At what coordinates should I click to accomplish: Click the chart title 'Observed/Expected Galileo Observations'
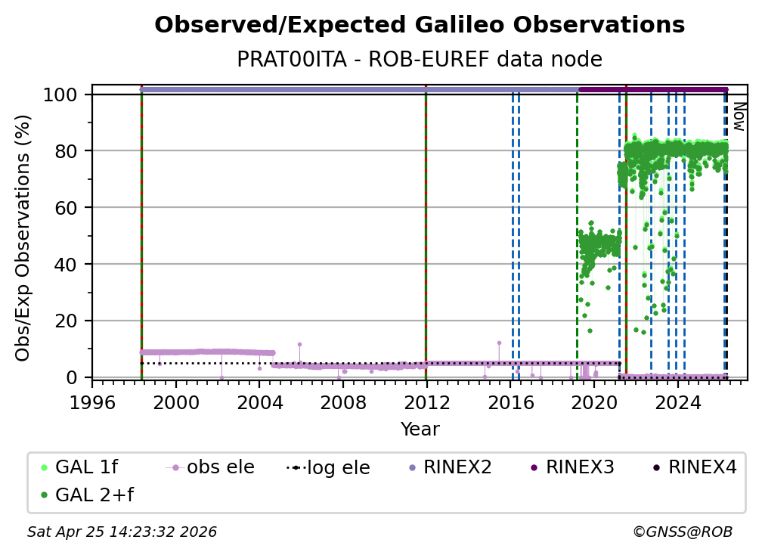click(x=420, y=25)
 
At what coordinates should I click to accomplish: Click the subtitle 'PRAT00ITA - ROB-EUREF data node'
click(x=420, y=60)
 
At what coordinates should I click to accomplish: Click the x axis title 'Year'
click(x=420, y=429)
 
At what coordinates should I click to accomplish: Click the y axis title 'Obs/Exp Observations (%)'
click(x=23, y=237)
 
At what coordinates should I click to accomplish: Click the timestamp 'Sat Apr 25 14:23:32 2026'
click(x=122, y=532)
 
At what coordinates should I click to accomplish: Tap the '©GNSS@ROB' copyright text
click(x=682, y=532)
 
